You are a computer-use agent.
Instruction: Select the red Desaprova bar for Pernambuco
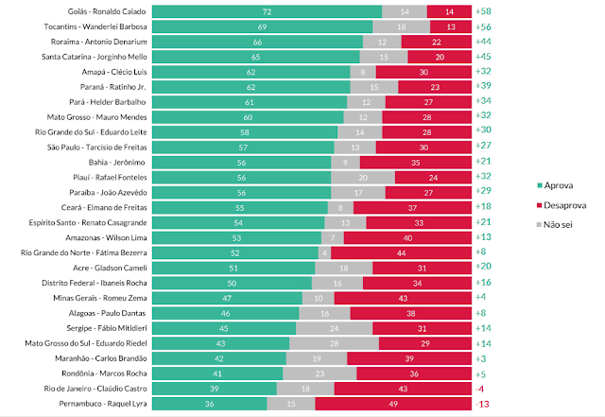pyautogui.click(x=392, y=405)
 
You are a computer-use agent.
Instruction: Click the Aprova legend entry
pyautogui.click(x=542, y=187)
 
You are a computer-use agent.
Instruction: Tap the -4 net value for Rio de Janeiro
pyautogui.click(x=482, y=390)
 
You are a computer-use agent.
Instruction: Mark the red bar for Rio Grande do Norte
pyautogui.click(x=401, y=253)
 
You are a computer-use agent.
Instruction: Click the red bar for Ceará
pyautogui.click(x=412, y=207)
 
